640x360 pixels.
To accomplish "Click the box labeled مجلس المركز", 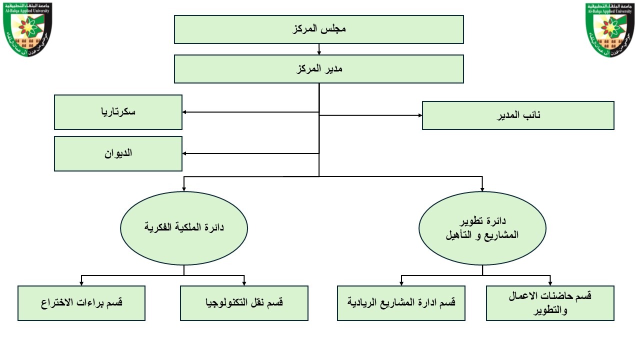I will (x=319, y=29).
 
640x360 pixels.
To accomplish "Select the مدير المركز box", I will (x=319, y=69).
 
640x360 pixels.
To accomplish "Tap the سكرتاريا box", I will (x=118, y=112).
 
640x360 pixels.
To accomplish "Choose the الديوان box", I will (x=118, y=153).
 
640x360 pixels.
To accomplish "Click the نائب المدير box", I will (x=518, y=115).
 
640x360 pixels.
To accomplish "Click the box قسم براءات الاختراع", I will (x=81, y=303).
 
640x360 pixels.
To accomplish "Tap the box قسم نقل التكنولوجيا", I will (x=244, y=303).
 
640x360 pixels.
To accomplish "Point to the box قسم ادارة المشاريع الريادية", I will (x=401, y=303).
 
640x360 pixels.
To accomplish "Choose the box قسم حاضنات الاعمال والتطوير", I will (x=550, y=303).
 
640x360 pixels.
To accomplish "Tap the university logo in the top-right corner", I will (x=612, y=29).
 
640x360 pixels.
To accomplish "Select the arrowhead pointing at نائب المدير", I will (x=419, y=115).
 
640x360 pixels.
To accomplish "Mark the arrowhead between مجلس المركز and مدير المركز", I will (x=319, y=52).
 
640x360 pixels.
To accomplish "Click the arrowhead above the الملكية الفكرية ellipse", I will (x=184, y=189).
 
